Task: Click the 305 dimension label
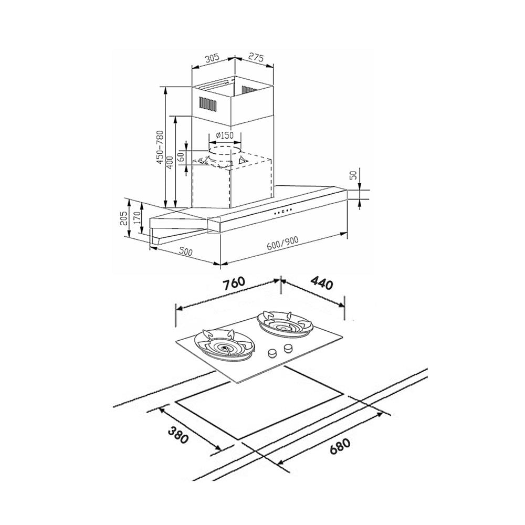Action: coord(212,58)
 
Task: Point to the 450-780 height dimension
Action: coord(160,147)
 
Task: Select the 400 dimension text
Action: coord(170,162)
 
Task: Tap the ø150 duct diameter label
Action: coord(224,135)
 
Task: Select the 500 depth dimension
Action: coord(185,251)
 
